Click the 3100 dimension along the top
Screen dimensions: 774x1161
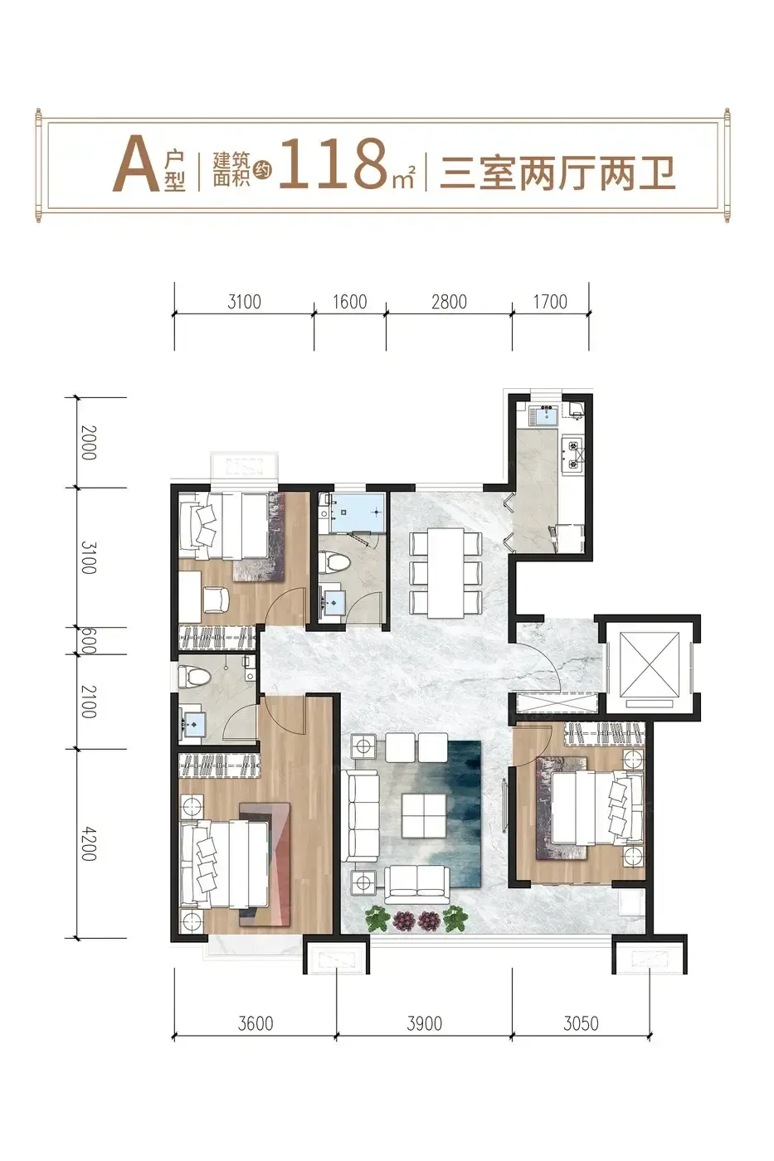point(244,302)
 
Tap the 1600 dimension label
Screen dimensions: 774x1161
point(350,302)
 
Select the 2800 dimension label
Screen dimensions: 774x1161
point(449,302)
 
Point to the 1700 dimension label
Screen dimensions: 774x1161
point(550,302)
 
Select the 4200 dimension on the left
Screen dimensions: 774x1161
point(89,844)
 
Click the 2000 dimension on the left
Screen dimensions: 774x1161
point(89,443)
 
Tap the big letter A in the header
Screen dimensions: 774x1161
point(136,163)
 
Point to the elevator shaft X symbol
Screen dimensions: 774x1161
point(649,664)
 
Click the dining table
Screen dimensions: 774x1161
point(445,573)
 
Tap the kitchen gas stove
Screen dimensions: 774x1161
point(573,454)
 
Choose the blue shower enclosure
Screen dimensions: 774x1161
point(352,512)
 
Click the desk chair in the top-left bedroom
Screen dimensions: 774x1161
point(216,600)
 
